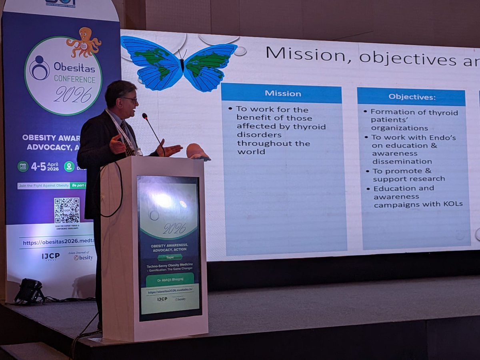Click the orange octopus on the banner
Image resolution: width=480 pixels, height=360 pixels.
coord(84,42)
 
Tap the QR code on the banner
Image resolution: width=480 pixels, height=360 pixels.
coord(67,210)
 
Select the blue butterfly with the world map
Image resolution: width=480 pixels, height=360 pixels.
coord(179,62)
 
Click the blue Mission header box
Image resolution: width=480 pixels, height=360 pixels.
coord(281,94)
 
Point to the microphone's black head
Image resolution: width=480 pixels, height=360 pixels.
coord(145,116)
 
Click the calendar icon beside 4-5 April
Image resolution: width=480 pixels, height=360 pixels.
coord(23,166)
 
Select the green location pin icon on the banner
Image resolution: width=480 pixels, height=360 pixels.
coord(69,166)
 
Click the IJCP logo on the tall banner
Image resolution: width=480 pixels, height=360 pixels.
coord(50,256)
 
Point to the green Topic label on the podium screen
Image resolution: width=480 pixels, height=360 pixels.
coord(170,257)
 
